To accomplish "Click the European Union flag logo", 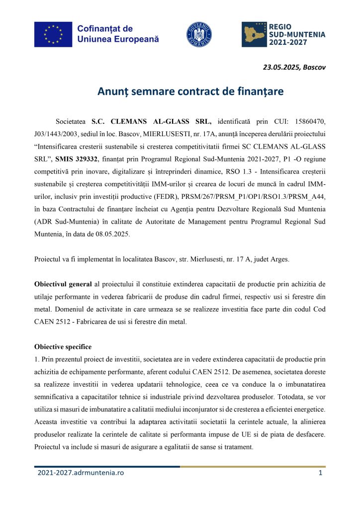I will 53,34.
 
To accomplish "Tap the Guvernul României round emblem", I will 198,34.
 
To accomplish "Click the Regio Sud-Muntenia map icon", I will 255,34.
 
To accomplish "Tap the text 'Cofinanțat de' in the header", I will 104,29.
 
